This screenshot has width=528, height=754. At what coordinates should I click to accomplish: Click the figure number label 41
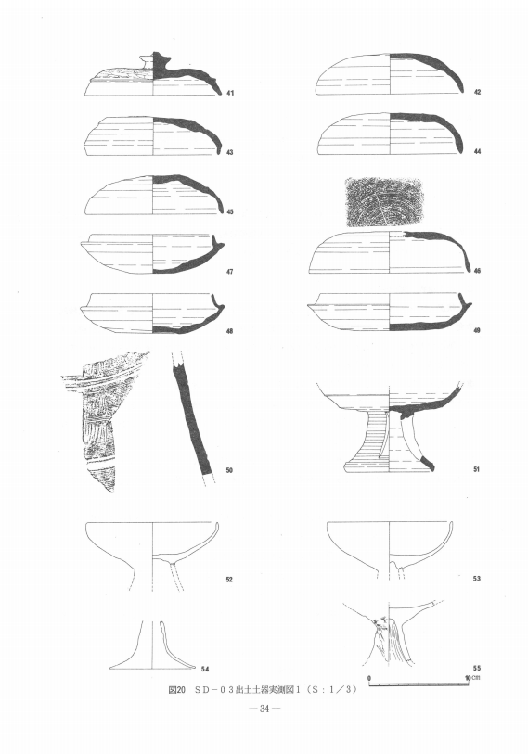pos(230,93)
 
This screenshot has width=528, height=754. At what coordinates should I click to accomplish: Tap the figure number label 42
pos(477,92)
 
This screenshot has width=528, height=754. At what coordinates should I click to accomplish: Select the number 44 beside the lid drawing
pos(477,151)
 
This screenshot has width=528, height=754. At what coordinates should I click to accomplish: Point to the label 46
pos(477,271)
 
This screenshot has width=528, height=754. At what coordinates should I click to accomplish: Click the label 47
pos(229,272)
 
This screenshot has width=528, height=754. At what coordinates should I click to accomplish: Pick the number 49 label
pos(477,330)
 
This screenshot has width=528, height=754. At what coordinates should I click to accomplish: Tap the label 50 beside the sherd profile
pos(229,470)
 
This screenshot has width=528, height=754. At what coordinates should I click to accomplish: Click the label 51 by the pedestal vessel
pos(477,469)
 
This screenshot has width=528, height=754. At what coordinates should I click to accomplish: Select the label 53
pos(477,579)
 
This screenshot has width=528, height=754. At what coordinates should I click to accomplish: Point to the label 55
pos(477,668)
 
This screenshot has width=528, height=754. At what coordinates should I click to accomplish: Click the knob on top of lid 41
pos(152,61)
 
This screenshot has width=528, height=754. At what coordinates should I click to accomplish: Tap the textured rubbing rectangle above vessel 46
pos(383,202)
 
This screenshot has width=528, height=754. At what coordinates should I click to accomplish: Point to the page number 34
pos(264,709)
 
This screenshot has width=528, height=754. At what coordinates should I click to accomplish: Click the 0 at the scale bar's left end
pos(369,678)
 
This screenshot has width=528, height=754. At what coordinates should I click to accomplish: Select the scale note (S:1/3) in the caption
pos(333,690)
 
